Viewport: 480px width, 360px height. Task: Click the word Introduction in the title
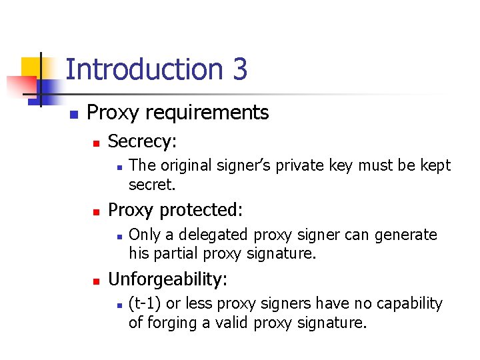click(145, 69)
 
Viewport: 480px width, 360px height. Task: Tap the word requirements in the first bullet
click(213, 113)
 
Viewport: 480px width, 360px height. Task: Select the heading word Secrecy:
click(143, 141)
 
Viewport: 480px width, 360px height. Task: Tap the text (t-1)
click(145, 303)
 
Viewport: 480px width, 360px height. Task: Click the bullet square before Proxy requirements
click(73, 114)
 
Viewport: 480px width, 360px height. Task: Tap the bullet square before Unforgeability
click(95, 279)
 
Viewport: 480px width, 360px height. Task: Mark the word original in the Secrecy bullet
click(182, 165)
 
